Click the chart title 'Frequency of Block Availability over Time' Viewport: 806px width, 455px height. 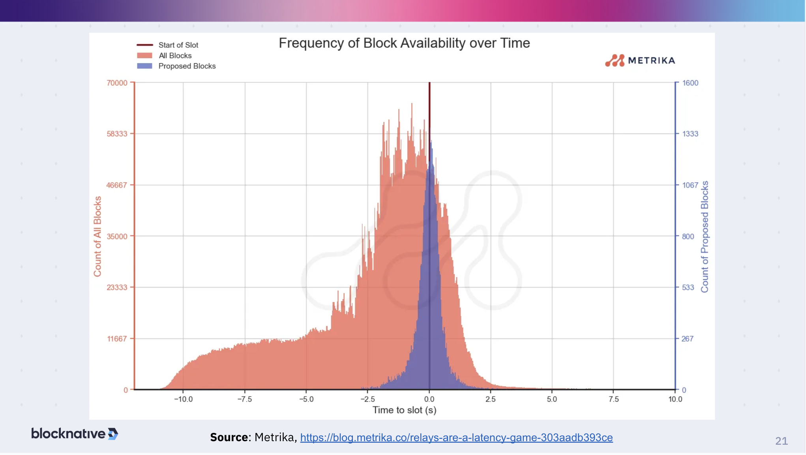404,43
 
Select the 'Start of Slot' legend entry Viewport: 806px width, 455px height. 178,45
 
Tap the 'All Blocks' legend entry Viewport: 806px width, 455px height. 175,56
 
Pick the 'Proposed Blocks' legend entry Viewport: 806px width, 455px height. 187,66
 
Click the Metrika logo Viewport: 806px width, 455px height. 640,60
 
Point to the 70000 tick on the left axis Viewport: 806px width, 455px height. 117,83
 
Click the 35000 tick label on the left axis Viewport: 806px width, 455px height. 117,236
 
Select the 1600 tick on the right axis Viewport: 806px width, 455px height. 690,83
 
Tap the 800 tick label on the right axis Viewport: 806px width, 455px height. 688,236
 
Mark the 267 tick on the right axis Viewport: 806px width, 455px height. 687,338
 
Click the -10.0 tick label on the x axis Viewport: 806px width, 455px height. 183,399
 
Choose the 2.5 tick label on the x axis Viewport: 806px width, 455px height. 490,399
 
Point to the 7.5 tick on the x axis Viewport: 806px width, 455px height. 613,399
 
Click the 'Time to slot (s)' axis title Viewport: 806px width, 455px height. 404,410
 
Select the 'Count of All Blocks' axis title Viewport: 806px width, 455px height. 97,236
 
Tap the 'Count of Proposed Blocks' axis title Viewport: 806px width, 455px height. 705,237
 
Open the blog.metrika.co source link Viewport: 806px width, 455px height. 456,438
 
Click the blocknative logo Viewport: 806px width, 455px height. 75,434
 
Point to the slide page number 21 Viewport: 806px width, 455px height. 781,441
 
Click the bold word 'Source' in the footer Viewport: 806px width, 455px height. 229,438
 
